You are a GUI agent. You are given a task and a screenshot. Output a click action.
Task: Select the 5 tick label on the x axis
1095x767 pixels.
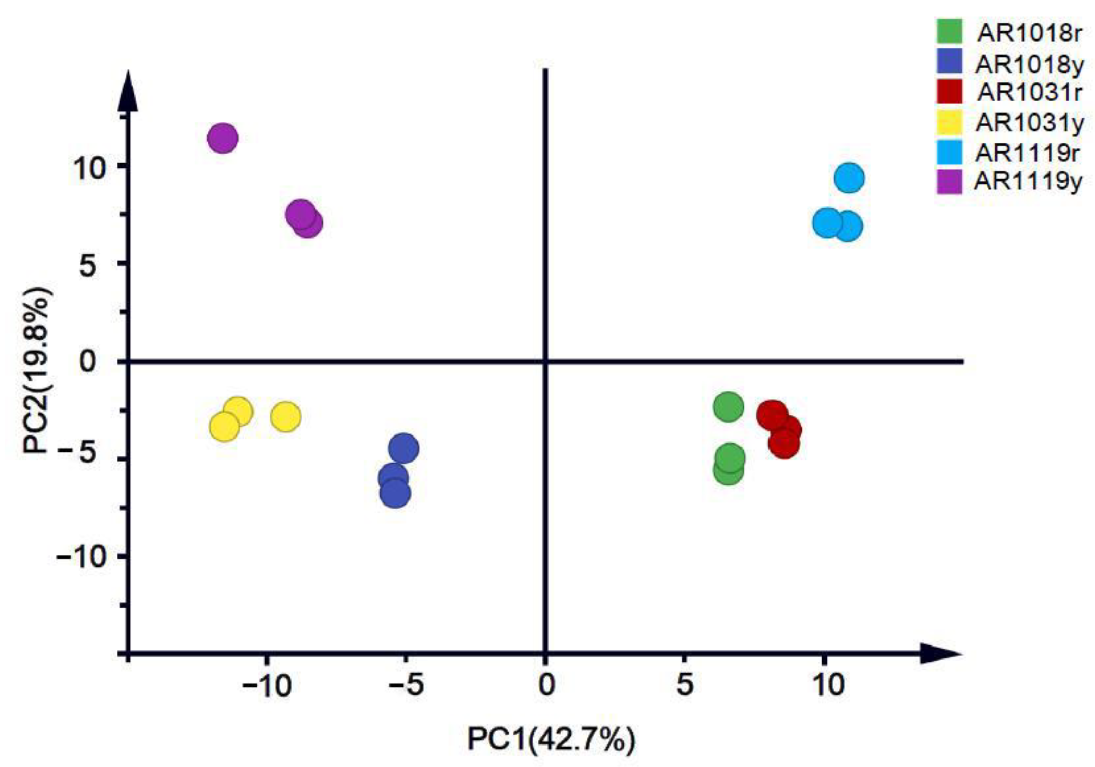(x=685, y=686)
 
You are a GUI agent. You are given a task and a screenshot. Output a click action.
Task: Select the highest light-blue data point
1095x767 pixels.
(x=849, y=178)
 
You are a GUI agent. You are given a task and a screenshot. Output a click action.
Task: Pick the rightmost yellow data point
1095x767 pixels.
(x=286, y=417)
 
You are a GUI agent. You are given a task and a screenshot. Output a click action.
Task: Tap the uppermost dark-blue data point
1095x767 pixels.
(x=403, y=448)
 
